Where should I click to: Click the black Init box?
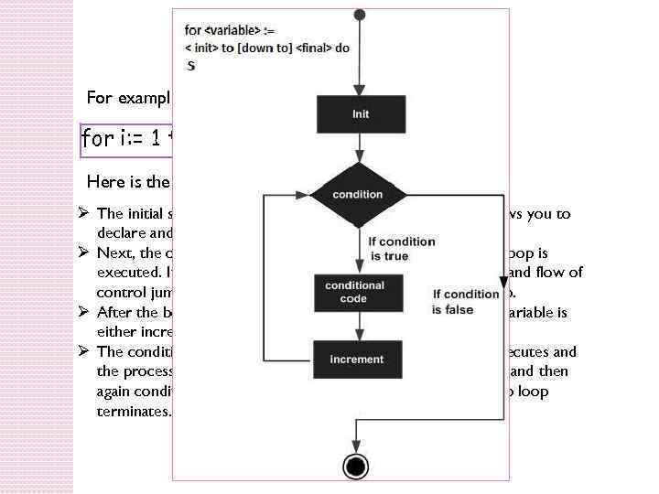pyautogui.click(x=361, y=114)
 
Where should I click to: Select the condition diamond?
pyautogui.click(x=358, y=194)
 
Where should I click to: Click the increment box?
pyautogui.click(x=357, y=360)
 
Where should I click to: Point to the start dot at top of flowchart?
pyautogui.click(x=360, y=15)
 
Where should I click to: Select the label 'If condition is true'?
pyautogui.click(x=401, y=249)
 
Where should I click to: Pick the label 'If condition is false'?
pyautogui.click(x=466, y=302)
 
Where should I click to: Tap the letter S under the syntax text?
pyautogui.click(x=191, y=65)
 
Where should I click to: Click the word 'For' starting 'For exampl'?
pyautogui.click(x=100, y=96)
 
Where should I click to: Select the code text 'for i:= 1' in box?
pyautogui.click(x=124, y=138)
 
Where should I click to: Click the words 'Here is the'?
pyautogui.click(x=128, y=180)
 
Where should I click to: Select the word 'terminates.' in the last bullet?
pyautogui.click(x=133, y=412)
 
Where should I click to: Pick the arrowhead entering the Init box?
pyautogui.click(x=360, y=91)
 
